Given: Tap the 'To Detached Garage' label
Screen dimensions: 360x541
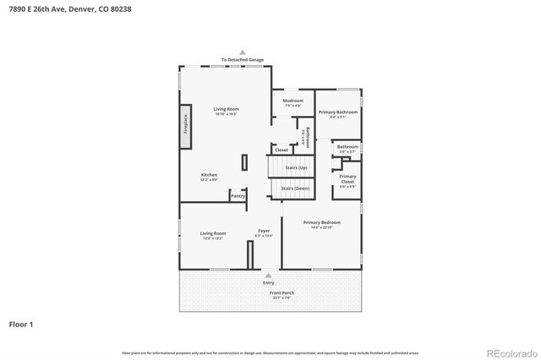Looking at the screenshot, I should click(x=243, y=60).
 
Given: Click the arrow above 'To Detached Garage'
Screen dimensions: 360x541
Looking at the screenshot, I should click(x=243, y=52).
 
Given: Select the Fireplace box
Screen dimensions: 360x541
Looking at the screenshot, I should click(x=185, y=123).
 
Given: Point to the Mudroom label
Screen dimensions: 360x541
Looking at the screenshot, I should click(x=292, y=101).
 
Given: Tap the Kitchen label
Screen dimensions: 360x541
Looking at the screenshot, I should click(x=209, y=176).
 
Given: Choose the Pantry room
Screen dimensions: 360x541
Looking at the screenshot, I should click(x=238, y=195).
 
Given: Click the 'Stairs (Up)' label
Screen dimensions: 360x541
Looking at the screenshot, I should click(x=295, y=168).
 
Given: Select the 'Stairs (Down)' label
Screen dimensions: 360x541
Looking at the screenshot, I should click(x=295, y=188).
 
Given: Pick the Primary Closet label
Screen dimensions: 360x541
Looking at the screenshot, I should click(x=347, y=178).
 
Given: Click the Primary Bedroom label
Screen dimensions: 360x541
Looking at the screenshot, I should click(x=320, y=223).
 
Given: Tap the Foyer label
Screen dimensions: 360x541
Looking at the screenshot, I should click(x=264, y=232).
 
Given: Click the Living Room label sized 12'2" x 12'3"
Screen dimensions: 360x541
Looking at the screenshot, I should click(x=212, y=234).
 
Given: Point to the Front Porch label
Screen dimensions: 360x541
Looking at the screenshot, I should click(x=269, y=293).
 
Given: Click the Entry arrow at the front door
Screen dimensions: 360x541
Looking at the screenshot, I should click(x=269, y=275).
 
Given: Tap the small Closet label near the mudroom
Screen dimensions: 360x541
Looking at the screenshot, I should click(x=281, y=150).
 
